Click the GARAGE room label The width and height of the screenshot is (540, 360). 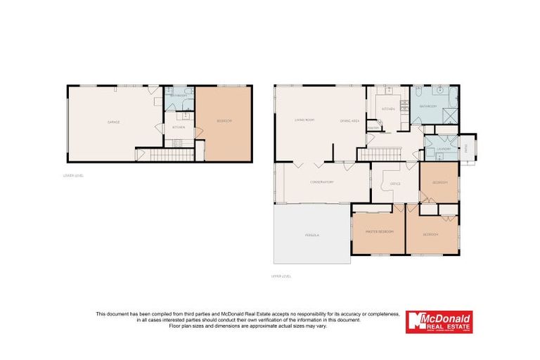click(113, 122)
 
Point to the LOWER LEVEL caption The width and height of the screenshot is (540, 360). click(73, 175)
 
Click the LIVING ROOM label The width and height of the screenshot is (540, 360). click(304, 120)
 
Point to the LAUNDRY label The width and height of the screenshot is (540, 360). click(442, 149)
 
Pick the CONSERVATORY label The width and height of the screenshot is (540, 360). click(321, 182)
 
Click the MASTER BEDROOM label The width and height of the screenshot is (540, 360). click(379, 231)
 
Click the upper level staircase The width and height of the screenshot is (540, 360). click(379, 154)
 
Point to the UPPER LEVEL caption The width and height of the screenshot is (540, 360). click(281, 276)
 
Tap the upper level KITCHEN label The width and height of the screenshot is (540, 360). click(388, 110)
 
